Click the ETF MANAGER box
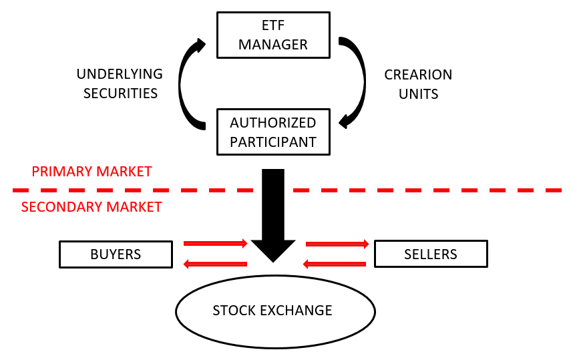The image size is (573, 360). coord(273,35)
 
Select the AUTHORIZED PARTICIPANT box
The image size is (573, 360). coord(273,132)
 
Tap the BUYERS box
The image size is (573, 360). coord(116,254)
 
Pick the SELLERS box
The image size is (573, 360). coord(431,254)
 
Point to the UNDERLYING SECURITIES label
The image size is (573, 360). coord(120,83)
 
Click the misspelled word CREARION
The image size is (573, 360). coord(418,75)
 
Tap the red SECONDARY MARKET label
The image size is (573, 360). coord(91,207)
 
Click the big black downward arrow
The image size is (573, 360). coord(273,214)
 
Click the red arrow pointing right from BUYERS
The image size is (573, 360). coord(216,244)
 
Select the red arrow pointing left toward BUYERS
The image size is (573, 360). coord(216,264)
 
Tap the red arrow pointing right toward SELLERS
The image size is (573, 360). coord(337,244)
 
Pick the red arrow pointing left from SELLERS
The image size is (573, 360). coord(335,264)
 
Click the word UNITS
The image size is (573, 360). coord(418,94)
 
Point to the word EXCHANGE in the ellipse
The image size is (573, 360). coord(299,311)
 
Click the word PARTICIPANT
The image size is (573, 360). coord(273,142)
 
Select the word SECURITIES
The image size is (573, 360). coord(120,94)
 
